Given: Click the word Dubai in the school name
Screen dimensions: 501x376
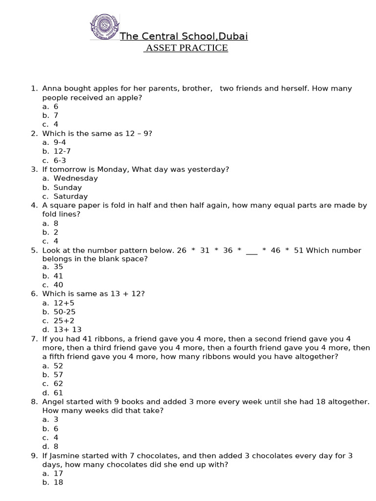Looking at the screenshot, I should point(234,36).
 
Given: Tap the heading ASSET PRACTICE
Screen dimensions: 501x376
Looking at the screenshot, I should point(186,48).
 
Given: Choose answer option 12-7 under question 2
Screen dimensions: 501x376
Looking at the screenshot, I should point(62,151).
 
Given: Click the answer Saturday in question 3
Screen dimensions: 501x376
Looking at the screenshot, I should point(70,196).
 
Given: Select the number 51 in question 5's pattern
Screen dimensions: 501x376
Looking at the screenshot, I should point(299,250).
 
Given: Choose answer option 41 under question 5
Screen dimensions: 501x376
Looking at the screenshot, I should point(58,276).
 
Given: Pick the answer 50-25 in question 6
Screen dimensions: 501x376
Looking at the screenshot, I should point(65,312).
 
